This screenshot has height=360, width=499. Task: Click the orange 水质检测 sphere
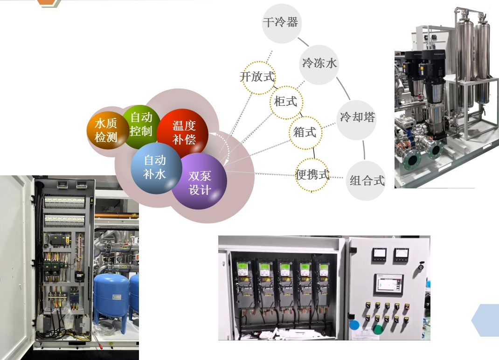click(x=106, y=131)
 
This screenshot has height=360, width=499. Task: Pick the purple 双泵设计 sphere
click(x=200, y=181)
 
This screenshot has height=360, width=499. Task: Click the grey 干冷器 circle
click(x=281, y=23)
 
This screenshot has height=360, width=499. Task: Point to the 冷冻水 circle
click(x=319, y=65)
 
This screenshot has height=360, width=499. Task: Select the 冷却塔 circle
click(x=356, y=120)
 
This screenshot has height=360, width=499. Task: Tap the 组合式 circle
click(x=366, y=180)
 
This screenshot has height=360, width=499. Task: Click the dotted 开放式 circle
click(x=259, y=78)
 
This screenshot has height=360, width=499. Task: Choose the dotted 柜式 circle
click(x=286, y=103)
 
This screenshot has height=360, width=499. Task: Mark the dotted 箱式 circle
click(x=305, y=132)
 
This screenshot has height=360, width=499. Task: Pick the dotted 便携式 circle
click(x=312, y=175)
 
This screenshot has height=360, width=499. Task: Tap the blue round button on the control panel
click(x=354, y=325)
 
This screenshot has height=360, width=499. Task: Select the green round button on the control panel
click(x=378, y=329)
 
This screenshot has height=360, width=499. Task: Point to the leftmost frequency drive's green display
click(x=243, y=266)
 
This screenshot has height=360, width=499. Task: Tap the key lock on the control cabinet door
click(x=421, y=266)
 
